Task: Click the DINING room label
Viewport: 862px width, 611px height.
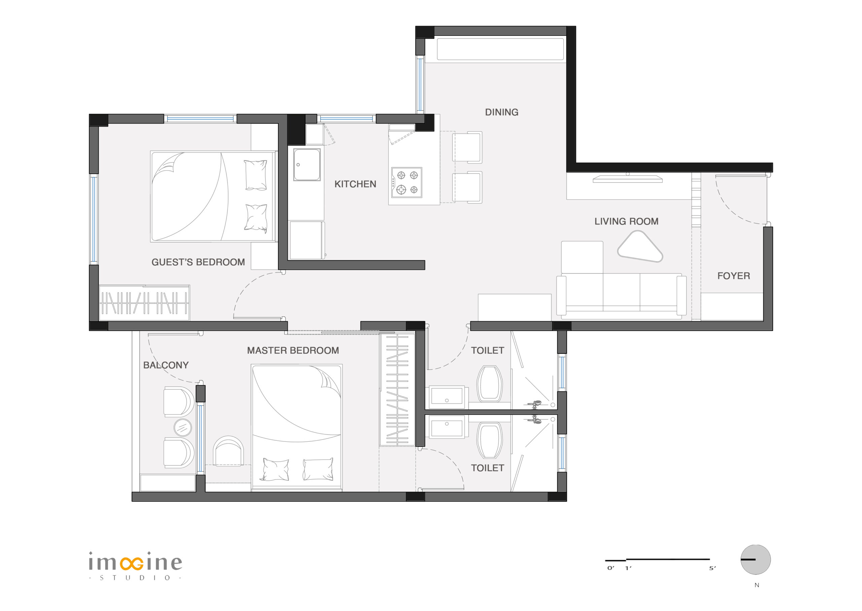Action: [501, 112]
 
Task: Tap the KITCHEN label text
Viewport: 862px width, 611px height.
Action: [355, 184]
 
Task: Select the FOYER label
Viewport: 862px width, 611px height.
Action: [734, 276]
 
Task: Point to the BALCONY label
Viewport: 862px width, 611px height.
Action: [166, 365]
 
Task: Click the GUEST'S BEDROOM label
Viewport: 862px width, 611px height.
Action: [198, 262]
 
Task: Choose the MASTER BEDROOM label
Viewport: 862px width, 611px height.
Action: [293, 350]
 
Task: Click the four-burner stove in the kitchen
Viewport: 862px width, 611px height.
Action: [406, 182]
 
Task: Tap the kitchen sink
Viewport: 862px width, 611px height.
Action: [307, 165]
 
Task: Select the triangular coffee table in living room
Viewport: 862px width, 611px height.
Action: [640, 247]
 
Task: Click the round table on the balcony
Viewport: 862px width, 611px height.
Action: [183, 428]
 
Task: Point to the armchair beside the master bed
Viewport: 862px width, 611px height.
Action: [228, 451]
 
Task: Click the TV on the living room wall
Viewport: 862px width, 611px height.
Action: [628, 179]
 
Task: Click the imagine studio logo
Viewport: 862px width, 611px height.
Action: [135, 566]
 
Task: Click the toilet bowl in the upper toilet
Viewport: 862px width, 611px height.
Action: [489, 384]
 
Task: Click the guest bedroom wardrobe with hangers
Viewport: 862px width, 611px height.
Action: [144, 303]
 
